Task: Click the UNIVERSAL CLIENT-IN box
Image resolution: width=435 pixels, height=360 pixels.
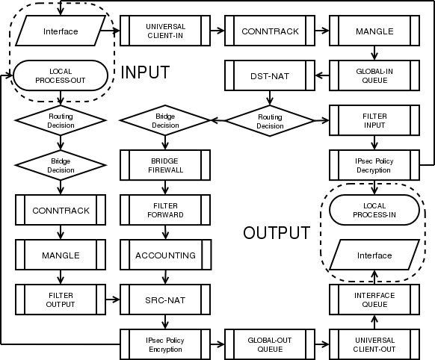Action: pos(165,31)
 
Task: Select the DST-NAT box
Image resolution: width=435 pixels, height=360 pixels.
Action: pos(270,75)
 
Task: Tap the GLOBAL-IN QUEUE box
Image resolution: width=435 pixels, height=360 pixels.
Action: pos(374,75)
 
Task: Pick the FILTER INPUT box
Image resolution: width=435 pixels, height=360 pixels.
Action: pos(374,120)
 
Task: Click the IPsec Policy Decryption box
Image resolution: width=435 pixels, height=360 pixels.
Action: pos(374,165)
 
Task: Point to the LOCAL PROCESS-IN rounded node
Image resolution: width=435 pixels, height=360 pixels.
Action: pos(374,210)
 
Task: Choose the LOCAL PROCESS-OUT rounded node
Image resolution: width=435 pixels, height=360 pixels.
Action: pos(61,75)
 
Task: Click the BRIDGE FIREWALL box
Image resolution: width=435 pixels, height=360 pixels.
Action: pos(165,165)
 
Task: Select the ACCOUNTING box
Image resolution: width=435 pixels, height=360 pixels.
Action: pos(166,255)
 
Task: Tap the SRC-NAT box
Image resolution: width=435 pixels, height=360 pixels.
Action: pos(165,300)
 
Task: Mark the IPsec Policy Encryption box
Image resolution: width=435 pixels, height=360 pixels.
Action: pos(165,344)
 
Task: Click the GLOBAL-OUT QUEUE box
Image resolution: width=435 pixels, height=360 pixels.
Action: pos(270,344)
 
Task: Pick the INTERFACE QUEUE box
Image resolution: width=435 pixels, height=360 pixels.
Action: pos(374,300)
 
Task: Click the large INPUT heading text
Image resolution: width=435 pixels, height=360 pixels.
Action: pos(145,72)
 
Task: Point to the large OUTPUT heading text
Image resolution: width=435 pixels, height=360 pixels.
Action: pos(277,233)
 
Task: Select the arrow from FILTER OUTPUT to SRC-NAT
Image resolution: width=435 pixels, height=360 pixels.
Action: pos(113,300)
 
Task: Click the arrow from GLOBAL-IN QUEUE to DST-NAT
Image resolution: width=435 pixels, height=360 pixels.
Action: pos(322,75)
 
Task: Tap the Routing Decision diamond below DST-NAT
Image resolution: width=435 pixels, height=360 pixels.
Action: pos(270,121)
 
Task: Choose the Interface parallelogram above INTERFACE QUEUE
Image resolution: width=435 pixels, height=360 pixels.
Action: pos(374,255)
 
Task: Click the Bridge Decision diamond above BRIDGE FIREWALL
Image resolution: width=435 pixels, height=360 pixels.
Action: pos(165,120)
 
